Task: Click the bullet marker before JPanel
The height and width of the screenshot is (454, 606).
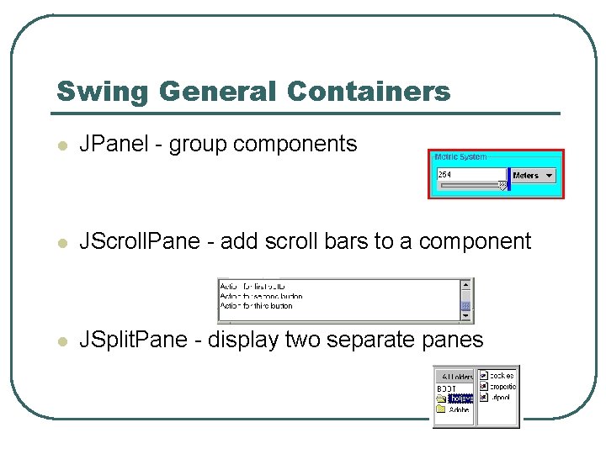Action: (x=61, y=145)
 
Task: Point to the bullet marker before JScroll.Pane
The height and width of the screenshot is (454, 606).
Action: (x=61, y=243)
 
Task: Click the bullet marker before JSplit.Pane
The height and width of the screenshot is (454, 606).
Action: (x=61, y=341)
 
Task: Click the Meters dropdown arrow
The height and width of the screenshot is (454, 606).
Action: (x=550, y=176)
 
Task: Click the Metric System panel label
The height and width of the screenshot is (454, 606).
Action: (x=460, y=157)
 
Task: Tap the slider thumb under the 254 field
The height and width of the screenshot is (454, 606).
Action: (x=502, y=186)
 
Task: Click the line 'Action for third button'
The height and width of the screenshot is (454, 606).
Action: (x=256, y=306)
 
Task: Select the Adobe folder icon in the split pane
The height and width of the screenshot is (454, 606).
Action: (x=441, y=409)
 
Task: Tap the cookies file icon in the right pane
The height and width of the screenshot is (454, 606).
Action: (x=484, y=375)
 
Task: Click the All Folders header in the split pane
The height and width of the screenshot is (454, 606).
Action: (x=454, y=377)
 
